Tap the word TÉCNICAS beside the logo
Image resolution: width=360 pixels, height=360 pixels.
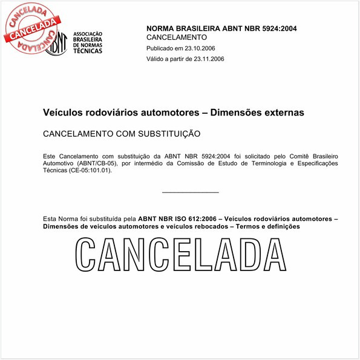[x=88, y=51]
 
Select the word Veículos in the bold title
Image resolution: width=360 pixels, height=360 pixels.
[x=63, y=113]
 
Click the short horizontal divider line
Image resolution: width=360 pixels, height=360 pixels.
[x=191, y=192]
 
